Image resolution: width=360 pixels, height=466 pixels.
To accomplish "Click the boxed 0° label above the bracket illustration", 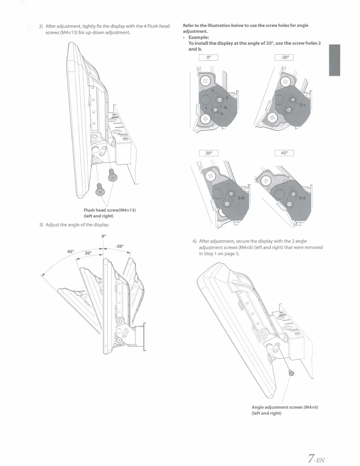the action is [x=208, y=58].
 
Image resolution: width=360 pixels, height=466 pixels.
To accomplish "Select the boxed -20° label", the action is [x=284, y=58].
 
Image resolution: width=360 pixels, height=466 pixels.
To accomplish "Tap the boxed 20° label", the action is [x=208, y=153].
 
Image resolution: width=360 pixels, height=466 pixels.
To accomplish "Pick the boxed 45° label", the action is [x=284, y=153].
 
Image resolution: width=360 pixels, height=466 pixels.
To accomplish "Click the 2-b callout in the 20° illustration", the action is [x=241, y=198].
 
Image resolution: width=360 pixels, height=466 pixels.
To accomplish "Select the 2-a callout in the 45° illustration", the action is [x=303, y=198].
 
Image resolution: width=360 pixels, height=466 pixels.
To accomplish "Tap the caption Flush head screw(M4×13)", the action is [x=109, y=210].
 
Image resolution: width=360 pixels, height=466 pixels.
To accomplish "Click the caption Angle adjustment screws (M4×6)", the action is [x=285, y=407].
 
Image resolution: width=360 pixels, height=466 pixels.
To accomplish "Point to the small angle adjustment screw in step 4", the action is [x=291, y=373].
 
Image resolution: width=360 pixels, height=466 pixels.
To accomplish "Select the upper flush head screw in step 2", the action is [x=112, y=176].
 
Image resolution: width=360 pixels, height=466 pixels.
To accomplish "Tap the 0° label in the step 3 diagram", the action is [x=103, y=236].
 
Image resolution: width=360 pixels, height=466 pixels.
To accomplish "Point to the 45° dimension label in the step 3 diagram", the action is [x=71, y=252].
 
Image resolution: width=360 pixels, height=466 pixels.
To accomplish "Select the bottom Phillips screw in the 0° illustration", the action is [x=206, y=119].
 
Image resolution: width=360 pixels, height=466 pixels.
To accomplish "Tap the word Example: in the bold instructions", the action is [x=199, y=37].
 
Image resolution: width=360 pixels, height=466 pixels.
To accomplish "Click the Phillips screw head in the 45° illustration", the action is [x=266, y=180].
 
